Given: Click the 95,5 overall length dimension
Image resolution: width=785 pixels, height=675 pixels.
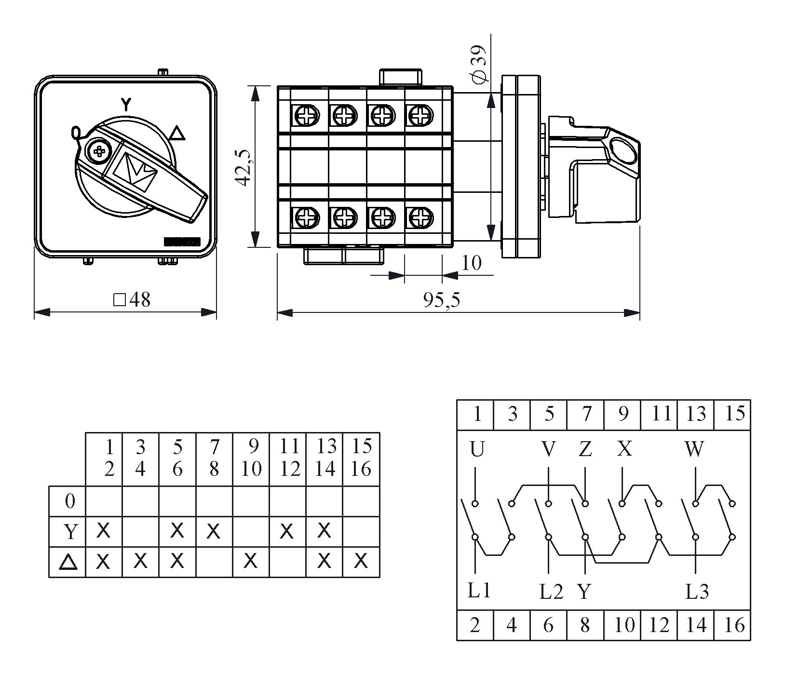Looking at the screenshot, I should [442, 300].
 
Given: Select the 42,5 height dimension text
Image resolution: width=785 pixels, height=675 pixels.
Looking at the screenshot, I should [244, 167].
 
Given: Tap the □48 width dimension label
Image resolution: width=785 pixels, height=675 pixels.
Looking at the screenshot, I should [132, 300].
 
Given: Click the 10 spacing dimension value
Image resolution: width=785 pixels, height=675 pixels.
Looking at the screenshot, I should [471, 263].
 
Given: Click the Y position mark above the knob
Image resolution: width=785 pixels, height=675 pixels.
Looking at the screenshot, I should [126, 104].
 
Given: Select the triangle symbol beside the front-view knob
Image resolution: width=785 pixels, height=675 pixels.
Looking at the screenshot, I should [178, 133].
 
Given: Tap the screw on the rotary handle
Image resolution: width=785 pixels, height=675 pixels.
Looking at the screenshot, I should [100, 151].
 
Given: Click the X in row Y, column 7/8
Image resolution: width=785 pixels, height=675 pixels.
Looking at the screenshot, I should [214, 531].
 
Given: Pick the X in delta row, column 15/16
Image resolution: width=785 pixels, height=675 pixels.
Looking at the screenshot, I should [361, 561].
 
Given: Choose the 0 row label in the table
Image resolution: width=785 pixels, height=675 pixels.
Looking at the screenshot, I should [70, 501].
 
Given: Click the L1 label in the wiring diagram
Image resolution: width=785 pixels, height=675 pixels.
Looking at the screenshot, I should [479, 591].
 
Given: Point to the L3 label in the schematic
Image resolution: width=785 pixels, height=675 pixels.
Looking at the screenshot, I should [697, 592].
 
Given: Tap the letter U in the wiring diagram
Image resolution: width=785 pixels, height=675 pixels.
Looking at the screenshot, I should [476, 449].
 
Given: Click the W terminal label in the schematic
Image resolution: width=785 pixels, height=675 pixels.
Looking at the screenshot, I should [694, 449].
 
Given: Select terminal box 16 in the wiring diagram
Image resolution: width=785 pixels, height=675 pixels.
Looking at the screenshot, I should [734, 625].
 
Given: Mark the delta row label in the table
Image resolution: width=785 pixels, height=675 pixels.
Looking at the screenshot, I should [68, 562].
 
